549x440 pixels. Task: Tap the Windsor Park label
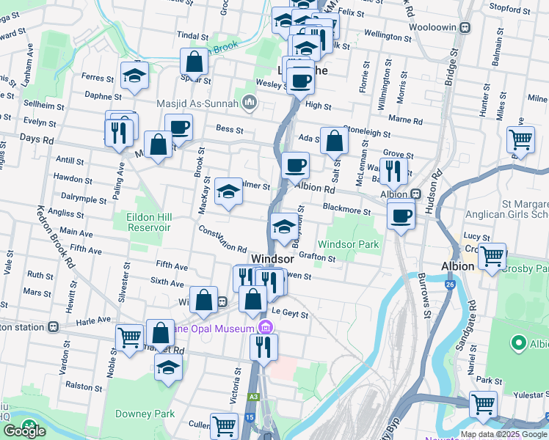pos(349,243)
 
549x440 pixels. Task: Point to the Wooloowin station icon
pos(465,27)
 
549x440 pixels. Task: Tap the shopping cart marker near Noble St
pos(130,337)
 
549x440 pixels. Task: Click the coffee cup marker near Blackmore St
pos(401,216)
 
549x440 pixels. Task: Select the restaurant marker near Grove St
pos(393,171)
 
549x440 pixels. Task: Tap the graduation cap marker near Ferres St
pos(134,76)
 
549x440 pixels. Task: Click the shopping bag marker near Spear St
pos(194,62)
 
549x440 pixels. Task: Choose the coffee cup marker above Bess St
pos(178,127)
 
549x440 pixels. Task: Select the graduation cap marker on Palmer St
pos(229,192)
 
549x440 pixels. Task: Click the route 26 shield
pos(448,284)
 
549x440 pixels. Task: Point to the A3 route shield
pos(253,396)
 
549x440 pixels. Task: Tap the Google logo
pos(23,431)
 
